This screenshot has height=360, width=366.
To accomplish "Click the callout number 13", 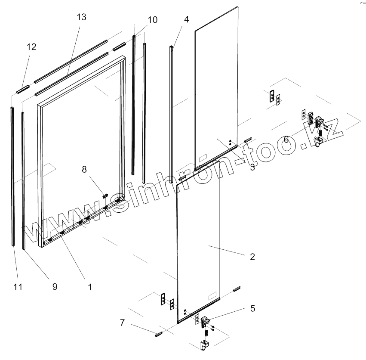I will [81, 17].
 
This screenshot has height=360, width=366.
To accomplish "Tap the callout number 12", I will [31, 47].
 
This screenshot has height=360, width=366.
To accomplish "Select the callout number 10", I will [152, 20].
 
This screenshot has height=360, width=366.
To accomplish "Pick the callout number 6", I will [286, 139].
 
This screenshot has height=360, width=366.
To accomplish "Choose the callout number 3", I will [252, 168].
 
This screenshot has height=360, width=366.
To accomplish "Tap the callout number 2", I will [252, 257].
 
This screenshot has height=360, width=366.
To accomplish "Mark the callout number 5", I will [252, 308].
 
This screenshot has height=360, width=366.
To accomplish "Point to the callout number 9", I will [55, 286].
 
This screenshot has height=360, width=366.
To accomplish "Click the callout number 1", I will [89, 286].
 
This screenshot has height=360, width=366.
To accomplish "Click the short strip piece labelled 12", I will [22, 90].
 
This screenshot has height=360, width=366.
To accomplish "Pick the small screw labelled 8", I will [105, 196].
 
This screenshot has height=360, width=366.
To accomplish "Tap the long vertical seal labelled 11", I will [12, 177].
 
